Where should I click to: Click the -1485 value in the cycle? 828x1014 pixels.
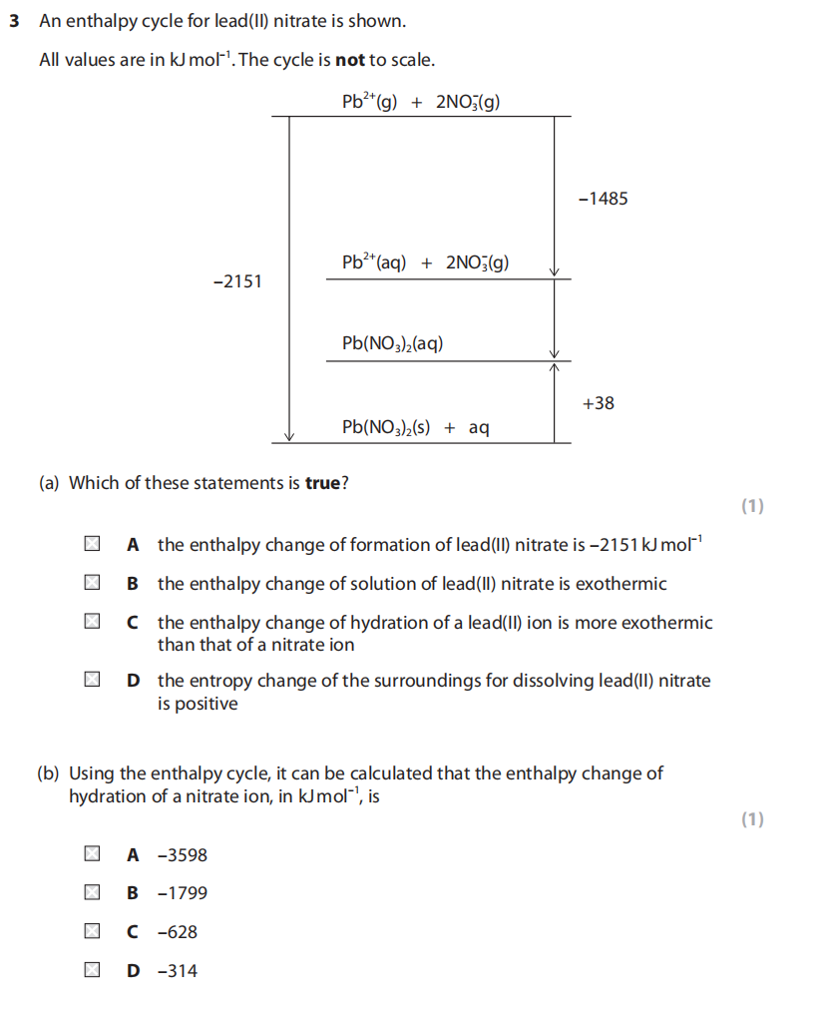pos(603,199)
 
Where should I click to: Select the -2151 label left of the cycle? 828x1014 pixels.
pos(237,281)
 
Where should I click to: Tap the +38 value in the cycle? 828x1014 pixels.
pos(598,403)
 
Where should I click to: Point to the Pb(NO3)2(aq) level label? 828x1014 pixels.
pos(392,343)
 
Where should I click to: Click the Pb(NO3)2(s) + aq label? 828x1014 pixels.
pos(415,427)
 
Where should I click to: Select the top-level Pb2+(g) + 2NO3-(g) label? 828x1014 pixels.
pos(420,102)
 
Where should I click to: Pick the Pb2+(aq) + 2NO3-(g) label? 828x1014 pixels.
pos(425,262)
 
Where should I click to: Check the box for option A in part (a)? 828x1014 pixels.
pos(92,545)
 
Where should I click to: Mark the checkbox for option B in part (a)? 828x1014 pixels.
pos(92,584)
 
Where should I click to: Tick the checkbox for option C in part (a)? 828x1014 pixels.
pos(92,623)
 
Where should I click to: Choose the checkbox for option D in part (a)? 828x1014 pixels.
pos(92,682)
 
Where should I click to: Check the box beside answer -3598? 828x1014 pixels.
pos(92,854)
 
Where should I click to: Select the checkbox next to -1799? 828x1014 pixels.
pos(92,893)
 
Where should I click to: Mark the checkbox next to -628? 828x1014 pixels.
pos(92,932)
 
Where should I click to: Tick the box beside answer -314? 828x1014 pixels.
pos(92,970)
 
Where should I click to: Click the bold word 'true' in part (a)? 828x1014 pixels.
pos(322,483)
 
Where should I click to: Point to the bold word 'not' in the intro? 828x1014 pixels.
pos(350,60)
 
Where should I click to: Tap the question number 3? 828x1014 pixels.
pos(14,21)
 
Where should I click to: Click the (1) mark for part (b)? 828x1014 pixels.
pos(752,819)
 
